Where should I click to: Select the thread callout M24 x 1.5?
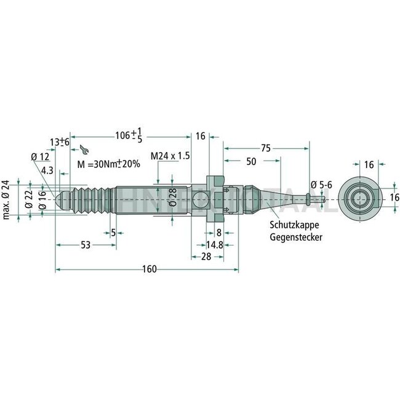(169, 156)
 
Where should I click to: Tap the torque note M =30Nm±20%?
(108, 164)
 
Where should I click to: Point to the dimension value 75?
(266, 148)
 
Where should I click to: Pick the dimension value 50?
(251, 161)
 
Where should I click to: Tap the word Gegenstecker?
(294, 237)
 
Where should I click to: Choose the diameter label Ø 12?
(39, 157)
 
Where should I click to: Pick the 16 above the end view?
(368, 164)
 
